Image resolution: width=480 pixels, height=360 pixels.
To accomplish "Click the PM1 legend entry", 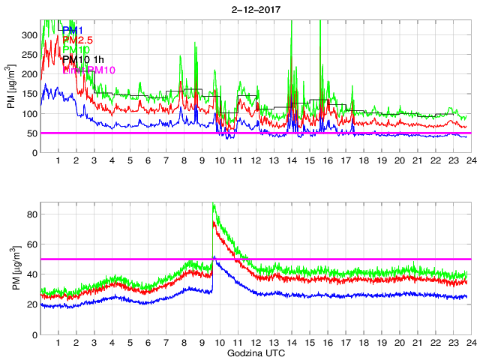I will [x=72, y=30].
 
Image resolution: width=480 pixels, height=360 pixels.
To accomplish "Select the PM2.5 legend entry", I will [x=78, y=40].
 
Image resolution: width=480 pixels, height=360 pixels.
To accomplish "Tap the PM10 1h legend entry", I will [x=83, y=60].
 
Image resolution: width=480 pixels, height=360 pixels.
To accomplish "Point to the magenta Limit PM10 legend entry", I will [x=88, y=70].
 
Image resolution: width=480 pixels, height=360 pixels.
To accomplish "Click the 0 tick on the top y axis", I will [x=34, y=153].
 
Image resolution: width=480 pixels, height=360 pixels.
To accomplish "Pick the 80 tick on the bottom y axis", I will [x=31, y=214].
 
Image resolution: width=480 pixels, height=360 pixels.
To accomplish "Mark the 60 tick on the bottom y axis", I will [x=31, y=244].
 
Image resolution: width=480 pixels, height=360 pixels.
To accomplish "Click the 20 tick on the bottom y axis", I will [x=31, y=304].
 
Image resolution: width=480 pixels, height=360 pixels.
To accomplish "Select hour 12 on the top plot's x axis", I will [x=256, y=161].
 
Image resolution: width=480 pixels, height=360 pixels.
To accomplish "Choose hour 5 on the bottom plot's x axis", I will [x=130, y=343].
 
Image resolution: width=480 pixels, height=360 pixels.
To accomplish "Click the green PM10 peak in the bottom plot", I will [x=214, y=204].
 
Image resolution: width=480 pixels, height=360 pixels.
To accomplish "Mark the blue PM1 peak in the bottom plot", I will [x=214, y=256].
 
